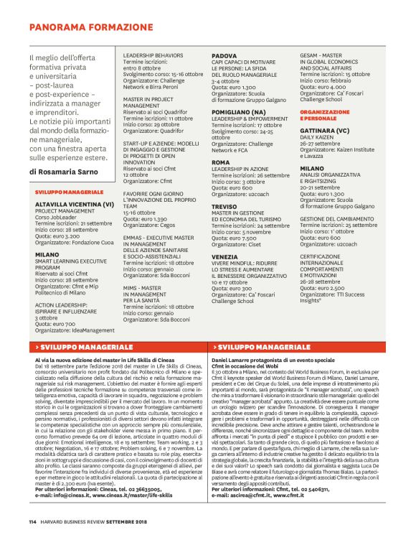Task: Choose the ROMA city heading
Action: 220,162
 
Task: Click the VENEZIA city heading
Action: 225,256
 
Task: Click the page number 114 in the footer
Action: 33,521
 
